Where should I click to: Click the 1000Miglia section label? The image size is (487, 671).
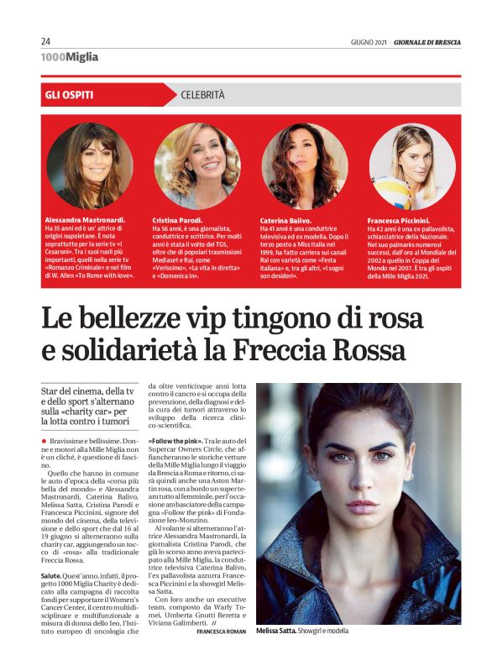click(x=69, y=57)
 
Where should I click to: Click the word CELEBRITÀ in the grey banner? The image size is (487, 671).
click(x=202, y=95)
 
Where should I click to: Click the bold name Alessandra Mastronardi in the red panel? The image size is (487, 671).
click(x=85, y=220)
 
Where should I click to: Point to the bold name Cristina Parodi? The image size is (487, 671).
click(x=179, y=220)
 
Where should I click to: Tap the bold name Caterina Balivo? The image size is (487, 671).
click(x=285, y=220)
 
